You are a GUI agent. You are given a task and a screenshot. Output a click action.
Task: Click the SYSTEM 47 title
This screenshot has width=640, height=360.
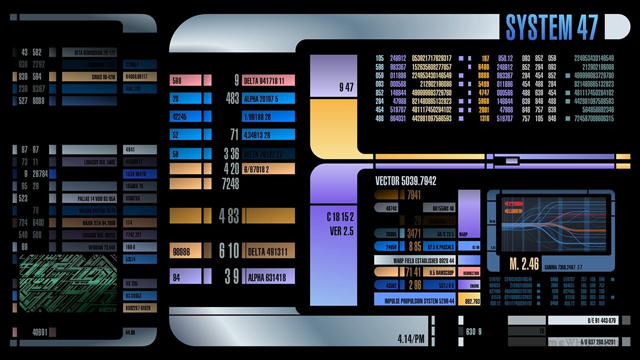(551, 27)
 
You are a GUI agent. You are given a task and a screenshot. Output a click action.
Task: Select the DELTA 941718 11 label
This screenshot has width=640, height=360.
(268, 80)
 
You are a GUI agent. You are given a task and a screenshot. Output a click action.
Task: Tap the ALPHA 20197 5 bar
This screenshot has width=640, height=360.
(268, 98)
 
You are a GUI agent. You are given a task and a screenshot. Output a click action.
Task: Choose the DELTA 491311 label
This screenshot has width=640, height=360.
(268, 251)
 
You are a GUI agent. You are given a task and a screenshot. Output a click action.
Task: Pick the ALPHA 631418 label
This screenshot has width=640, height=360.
(268, 276)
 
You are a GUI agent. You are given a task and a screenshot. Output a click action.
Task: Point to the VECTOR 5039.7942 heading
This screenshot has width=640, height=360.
(405, 181)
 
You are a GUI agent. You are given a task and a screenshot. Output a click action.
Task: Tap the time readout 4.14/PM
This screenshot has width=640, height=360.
(411, 339)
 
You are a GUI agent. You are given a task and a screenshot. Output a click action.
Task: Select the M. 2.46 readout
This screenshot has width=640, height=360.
(524, 263)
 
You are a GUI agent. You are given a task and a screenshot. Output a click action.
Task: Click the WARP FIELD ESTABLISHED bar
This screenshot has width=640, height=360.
(414, 260)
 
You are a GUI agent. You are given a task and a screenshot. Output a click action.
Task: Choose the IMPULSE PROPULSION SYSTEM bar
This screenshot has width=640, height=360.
(414, 301)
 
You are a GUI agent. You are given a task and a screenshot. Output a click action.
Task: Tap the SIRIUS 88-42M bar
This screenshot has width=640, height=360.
(89, 76)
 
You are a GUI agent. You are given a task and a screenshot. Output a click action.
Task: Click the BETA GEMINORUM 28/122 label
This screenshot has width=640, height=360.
(89, 52)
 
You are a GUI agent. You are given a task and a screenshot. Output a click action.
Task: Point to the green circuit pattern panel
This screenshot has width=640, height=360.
(68, 283)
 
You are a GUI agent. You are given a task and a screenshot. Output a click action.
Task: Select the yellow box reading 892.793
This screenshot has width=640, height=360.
(472, 301)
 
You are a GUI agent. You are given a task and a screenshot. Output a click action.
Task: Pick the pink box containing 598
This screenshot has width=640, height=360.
(185, 80)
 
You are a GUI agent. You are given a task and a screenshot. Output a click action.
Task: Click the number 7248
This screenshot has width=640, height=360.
(230, 184)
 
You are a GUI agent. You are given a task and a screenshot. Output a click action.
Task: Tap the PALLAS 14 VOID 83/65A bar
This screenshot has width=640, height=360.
(89, 198)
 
